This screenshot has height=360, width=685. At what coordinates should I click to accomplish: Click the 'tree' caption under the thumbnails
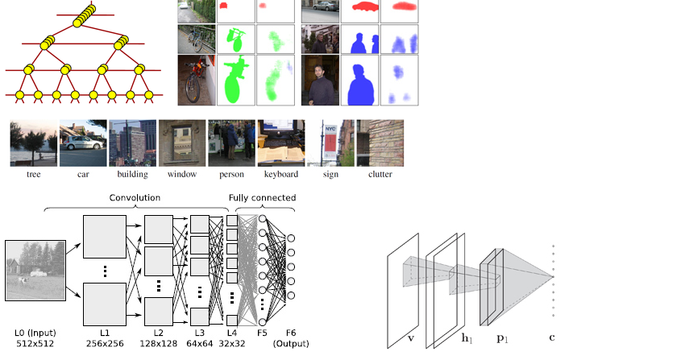33,174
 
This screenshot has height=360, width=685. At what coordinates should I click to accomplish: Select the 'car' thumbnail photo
83,143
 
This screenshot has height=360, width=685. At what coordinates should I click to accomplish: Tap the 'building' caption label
133,174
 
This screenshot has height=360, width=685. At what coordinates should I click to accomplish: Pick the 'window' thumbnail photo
182,143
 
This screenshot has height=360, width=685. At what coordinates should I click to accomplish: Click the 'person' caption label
231,174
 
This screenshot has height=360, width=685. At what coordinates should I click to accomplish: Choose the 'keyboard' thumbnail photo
281,143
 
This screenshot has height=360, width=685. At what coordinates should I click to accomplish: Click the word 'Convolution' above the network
135,197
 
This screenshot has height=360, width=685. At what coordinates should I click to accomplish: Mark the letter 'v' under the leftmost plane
411,337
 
